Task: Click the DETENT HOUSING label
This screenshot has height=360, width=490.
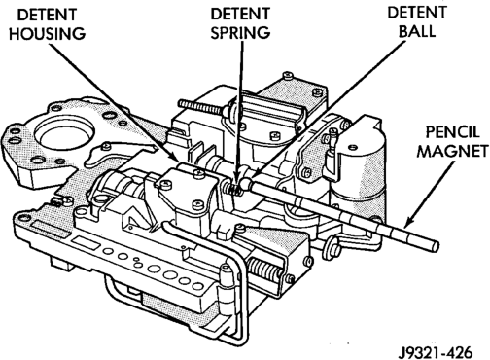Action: point(48,24)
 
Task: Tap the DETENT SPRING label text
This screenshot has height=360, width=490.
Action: point(240,23)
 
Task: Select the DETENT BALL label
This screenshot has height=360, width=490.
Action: point(417,21)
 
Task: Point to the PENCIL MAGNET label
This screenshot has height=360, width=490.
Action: point(452,141)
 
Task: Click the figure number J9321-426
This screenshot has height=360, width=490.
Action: point(436,351)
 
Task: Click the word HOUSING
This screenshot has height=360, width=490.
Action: point(48,34)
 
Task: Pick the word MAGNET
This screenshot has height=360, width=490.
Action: point(452,151)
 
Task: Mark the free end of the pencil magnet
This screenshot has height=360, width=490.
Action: point(435,247)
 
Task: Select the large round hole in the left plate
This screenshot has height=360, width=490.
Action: point(65,136)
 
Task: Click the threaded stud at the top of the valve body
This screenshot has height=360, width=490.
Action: point(201,107)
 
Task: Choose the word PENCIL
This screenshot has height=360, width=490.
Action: point(452,132)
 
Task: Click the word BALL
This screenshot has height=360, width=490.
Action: point(417,31)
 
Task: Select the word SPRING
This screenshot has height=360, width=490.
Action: point(240,33)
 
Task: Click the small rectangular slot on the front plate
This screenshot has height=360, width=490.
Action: point(86,243)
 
